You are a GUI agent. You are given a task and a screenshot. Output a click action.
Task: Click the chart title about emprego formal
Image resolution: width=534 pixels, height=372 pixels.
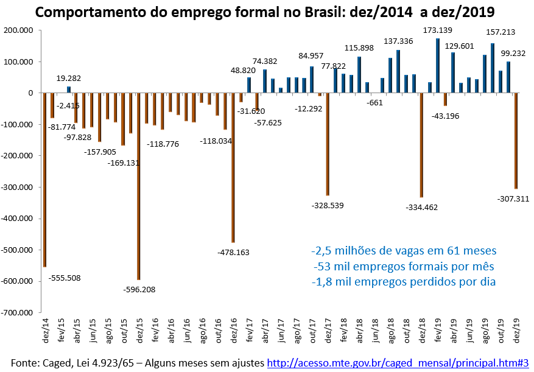point(265,12)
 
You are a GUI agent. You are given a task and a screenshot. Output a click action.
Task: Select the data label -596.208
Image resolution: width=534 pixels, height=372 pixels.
point(139,289)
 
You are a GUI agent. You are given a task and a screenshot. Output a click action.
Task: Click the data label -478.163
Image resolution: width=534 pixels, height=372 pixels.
point(233,252)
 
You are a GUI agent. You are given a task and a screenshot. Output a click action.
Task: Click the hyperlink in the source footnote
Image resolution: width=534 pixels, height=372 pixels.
point(398,363)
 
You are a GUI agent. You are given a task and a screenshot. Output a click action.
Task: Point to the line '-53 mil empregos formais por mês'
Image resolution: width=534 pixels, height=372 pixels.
point(404,266)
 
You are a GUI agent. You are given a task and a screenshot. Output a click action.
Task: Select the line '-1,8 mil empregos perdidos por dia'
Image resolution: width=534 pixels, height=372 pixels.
point(404,281)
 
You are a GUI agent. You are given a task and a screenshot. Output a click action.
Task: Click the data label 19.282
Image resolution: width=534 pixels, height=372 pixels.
point(69,79)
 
